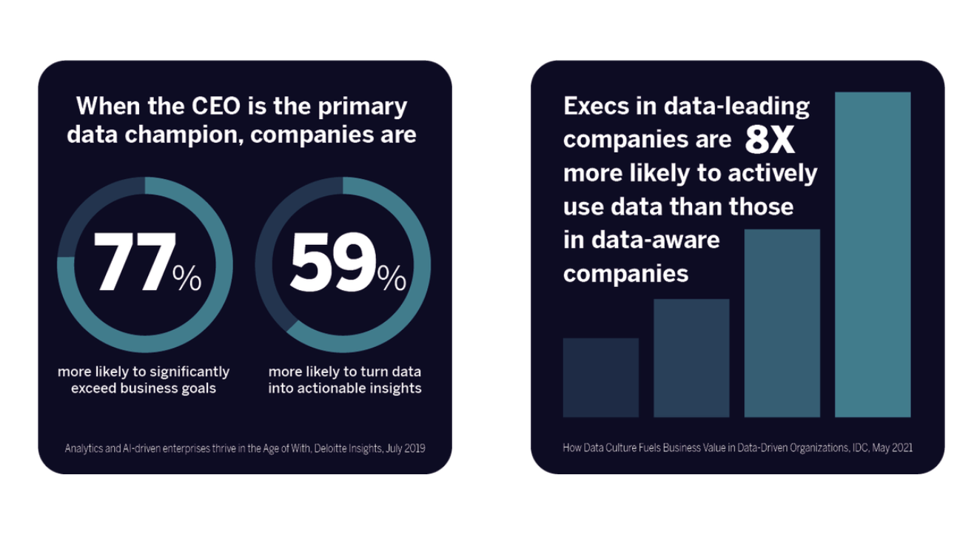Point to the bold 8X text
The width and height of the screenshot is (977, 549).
click(770, 140)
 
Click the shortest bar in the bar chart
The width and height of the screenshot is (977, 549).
click(600, 377)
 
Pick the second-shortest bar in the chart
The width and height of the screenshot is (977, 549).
click(691, 357)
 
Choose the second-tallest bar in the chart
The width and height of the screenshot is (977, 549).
click(782, 323)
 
